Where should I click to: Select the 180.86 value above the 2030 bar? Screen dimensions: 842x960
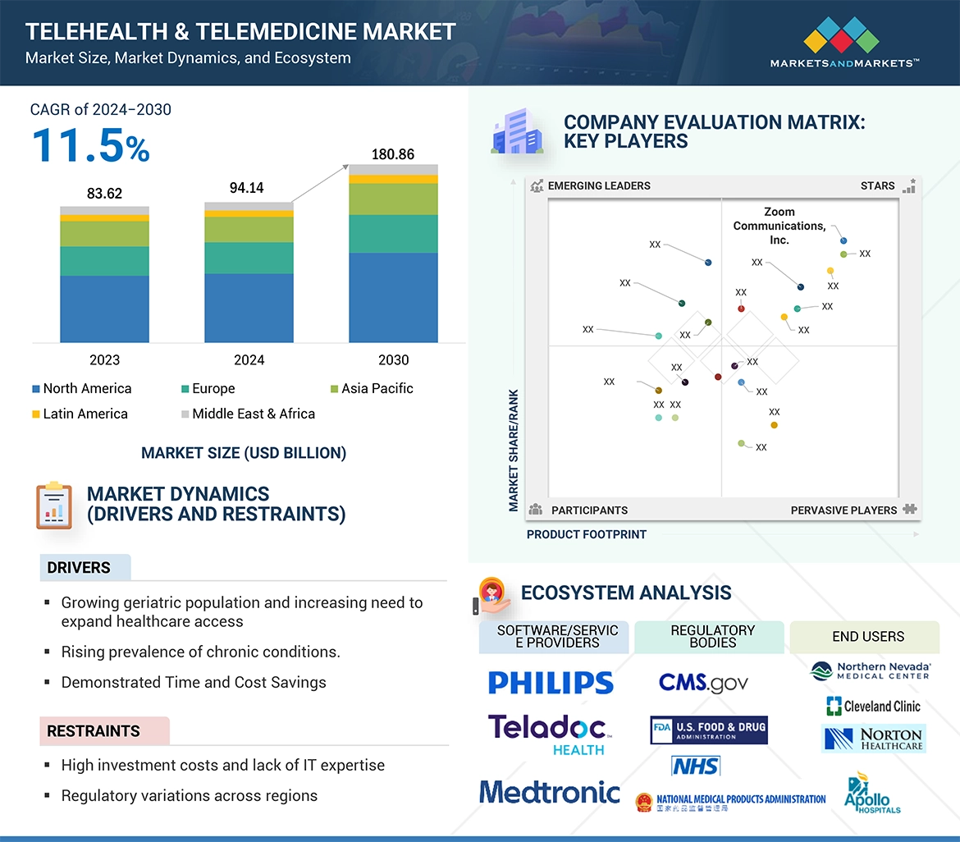click(394, 154)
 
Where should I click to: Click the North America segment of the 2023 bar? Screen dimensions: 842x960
click(104, 309)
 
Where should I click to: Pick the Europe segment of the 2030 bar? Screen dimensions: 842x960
click(393, 234)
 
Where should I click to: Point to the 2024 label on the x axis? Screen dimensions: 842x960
click(249, 359)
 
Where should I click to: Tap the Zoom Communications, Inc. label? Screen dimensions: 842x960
click(779, 226)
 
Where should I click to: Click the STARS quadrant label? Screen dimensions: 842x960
click(877, 185)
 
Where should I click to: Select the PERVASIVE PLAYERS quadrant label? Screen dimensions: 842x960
click(843, 510)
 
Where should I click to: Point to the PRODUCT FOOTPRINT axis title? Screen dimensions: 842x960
click(587, 534)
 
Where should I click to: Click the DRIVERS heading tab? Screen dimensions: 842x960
click(79, 567)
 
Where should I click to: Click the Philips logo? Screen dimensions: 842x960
click(551, 683)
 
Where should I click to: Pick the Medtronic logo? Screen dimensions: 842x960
click(550, 792)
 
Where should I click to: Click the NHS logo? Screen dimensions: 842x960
click(695, 766)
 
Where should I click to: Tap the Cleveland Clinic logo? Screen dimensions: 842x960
click(873, 706)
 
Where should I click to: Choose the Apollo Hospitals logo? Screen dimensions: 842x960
click(871, 793)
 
